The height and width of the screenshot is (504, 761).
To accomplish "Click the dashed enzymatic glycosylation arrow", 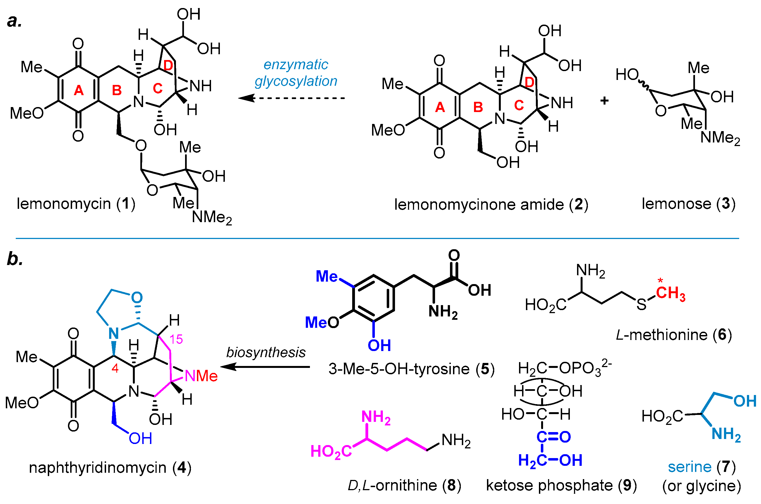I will (292, 98).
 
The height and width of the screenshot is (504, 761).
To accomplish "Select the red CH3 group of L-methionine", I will (670, 293).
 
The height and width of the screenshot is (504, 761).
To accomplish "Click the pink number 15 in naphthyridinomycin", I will (176, 339).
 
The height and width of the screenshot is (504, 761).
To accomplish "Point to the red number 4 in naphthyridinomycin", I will (115, 368).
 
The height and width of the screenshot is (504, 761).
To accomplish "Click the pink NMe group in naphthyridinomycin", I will (201, 376).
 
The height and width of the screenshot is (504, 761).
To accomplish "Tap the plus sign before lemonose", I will (604, 101).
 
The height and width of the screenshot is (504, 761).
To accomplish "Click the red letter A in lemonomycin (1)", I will (79, 90).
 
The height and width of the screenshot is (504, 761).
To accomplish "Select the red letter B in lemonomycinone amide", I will (478, 107).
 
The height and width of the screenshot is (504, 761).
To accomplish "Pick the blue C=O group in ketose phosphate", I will (554, 437).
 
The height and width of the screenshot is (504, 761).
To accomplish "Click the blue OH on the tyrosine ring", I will (379, 345).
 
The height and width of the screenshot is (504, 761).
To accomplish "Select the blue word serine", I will (690, 467).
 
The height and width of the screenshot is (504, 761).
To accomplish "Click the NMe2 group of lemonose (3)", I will (720, 138).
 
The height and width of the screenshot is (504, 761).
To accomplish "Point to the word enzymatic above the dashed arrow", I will (296, 65).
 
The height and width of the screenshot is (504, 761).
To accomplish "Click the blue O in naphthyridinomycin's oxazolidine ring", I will (137, 297).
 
